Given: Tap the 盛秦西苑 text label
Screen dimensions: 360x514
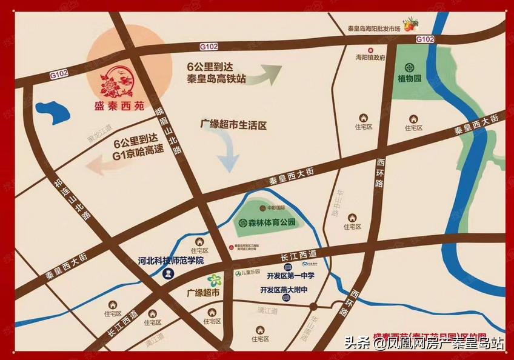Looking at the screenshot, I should tap(121, 106).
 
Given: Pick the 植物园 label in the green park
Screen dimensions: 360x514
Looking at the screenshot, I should tap(410, 78).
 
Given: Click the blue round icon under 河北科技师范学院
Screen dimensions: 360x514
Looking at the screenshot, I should tap(169, 274).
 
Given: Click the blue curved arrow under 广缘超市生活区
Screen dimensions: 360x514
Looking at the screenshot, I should tap(230, 152).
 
